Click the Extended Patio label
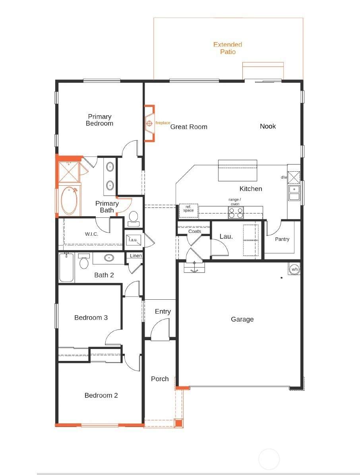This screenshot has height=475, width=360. [x=228, y=48]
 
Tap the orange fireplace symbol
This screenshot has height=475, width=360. [x=149, y=123]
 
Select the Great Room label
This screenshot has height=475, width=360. [x=189, y=127]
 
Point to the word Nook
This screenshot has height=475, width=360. [x=268, y=126]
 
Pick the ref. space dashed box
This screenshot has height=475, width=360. [x=188, y=210]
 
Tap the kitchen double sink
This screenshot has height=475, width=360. [x=294, y=193]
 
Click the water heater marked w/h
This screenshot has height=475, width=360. [x=294, y=269]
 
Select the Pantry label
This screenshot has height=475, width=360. [x=282, y=239]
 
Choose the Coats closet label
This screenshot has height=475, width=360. [x=195, y=231]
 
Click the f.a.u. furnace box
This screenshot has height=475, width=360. [x=133, y=240]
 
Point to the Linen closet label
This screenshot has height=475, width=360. [x=135, y=256]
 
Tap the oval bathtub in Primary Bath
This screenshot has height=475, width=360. [x=69, y=201]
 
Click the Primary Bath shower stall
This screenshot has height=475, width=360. [x=69, y=172]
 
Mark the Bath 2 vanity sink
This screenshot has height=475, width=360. [x=109, y=258]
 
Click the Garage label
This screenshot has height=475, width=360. [x=242, y=319]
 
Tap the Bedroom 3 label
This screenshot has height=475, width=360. [x=91, y=318]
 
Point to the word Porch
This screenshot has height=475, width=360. [x=160, y=379]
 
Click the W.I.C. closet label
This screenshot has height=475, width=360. [x=91, y=234]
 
